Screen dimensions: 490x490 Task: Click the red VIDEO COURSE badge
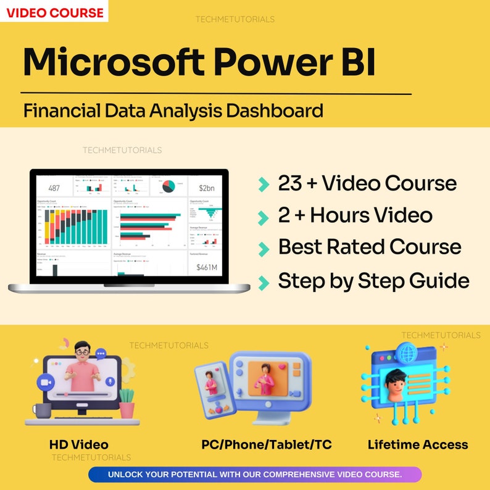54,11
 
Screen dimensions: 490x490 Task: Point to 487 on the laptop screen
54,188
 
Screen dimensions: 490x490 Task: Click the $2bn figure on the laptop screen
206,188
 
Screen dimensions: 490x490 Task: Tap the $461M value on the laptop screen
206,267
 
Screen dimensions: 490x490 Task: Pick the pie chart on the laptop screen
167,186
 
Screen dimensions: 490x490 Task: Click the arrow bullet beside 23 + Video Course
264,184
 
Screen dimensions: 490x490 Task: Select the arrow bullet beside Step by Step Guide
264,282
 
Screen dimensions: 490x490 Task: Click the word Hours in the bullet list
349,215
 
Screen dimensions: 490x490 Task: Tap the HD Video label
79,444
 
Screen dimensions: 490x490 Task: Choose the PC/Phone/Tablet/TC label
267,444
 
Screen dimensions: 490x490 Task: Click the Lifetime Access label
418,444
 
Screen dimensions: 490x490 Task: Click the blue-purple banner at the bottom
255,474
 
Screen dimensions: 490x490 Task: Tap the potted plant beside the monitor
127,403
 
